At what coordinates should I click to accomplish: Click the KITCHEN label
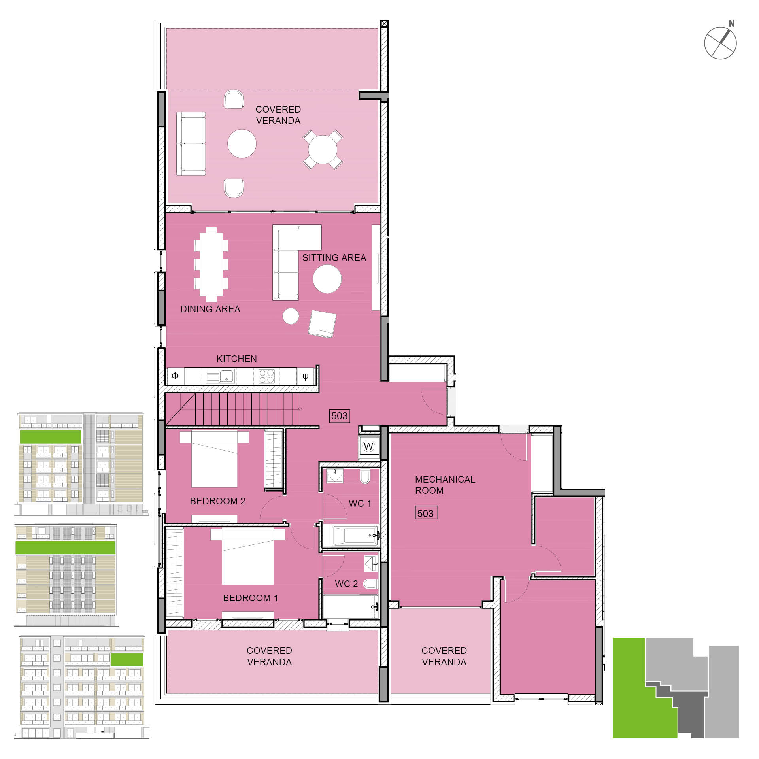(x=236, y=359)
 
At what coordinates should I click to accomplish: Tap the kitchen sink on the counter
(x=226, y=376)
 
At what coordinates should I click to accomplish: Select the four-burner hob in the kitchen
(x=266, y=376)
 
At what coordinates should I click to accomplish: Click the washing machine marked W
(x=368, y=446)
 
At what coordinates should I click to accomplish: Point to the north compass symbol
(x=720, y=43)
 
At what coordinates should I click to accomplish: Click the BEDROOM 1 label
(x=250, y=598)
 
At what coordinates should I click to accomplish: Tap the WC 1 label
(x=360, y=504)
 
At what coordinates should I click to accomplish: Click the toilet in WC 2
(x=370, y=584)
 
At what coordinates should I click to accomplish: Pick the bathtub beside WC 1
(x=355, y=536)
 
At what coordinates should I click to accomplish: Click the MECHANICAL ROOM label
(x=445, y=485)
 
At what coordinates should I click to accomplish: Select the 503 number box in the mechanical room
(x=426, y=513)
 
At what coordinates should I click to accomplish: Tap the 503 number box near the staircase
(x=339, y=416)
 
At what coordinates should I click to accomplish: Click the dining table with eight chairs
(x=211, y=264)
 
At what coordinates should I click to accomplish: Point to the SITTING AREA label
(x=334, y=258)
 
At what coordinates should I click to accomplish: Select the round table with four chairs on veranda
(x=323, y=150)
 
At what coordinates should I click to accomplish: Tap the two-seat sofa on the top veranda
(x=191, y=143)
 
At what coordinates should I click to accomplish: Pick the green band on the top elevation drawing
(x=50, y=437)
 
